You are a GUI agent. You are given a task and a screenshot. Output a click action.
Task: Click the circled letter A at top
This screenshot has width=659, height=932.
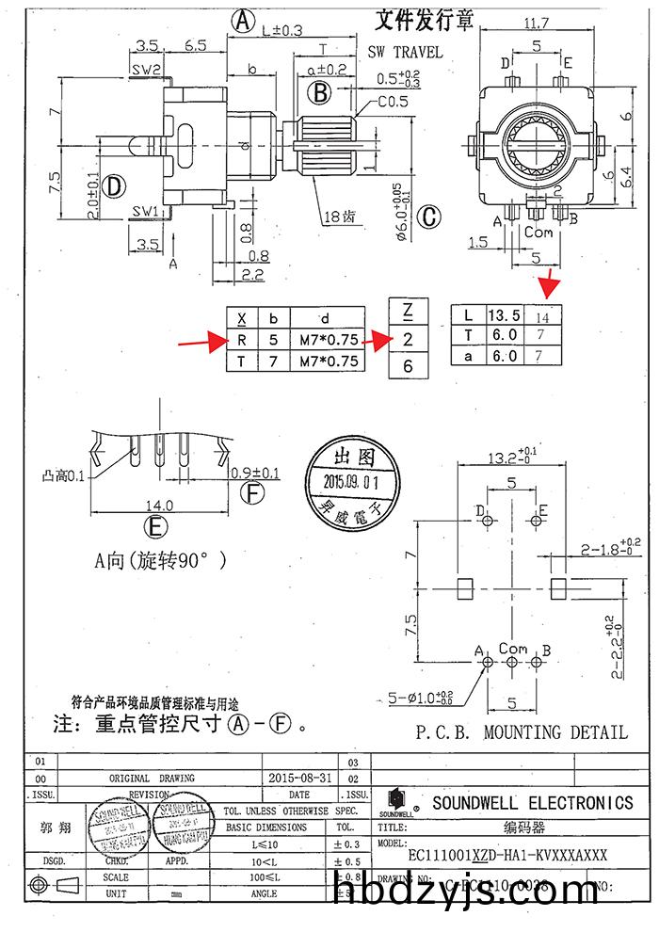coord(244,21)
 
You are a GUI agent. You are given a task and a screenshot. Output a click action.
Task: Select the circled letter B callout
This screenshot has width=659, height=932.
coord(320,92)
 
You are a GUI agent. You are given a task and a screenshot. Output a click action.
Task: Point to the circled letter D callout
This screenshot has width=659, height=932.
coord(114,185)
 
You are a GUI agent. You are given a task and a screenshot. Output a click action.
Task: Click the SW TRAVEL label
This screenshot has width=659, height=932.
coord(404,53)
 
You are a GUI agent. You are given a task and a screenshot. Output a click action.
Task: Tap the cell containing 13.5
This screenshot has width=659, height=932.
coord(502,315)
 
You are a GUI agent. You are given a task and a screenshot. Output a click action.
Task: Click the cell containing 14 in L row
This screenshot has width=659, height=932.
coord(548,315)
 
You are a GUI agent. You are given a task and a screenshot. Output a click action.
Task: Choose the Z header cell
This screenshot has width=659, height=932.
coord(407,312)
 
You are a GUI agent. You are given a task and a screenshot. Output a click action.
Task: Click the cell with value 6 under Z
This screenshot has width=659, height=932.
coord(407,366)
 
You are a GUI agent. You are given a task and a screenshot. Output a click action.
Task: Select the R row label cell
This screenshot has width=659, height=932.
coord(243,340)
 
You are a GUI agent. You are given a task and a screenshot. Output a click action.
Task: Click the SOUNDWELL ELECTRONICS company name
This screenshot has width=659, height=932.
coord(532,802)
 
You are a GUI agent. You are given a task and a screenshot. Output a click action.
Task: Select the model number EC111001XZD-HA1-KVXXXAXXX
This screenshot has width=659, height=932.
coord(506,855)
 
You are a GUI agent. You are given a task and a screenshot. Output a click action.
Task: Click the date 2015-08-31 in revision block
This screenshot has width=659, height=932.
coord(297,779)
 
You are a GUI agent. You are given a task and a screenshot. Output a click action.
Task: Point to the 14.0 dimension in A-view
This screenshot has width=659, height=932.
coord(155,505)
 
